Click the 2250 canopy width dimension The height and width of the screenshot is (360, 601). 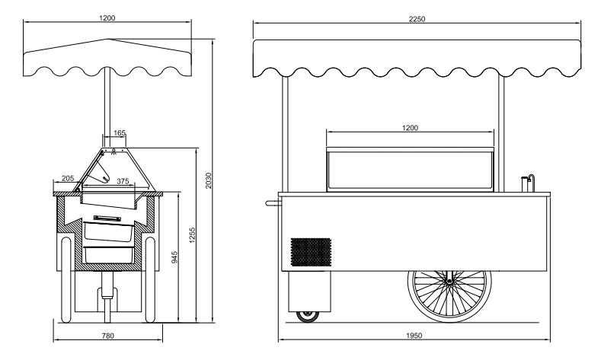(x=417, y=19)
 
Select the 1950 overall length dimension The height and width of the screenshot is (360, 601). (x=414, y=336)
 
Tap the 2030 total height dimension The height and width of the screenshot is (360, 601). (x=209, y=181)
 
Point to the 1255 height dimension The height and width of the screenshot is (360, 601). (x=192, y=235)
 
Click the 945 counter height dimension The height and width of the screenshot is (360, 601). (x=174, y=257)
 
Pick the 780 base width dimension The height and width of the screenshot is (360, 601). (x=108, y=336)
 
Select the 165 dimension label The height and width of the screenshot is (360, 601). (x=120, y=133)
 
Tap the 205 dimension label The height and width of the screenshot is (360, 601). (x=68, y=178)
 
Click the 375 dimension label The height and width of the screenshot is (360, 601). (x=123, y=181)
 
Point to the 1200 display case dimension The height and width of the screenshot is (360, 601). (x=410, y=128)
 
